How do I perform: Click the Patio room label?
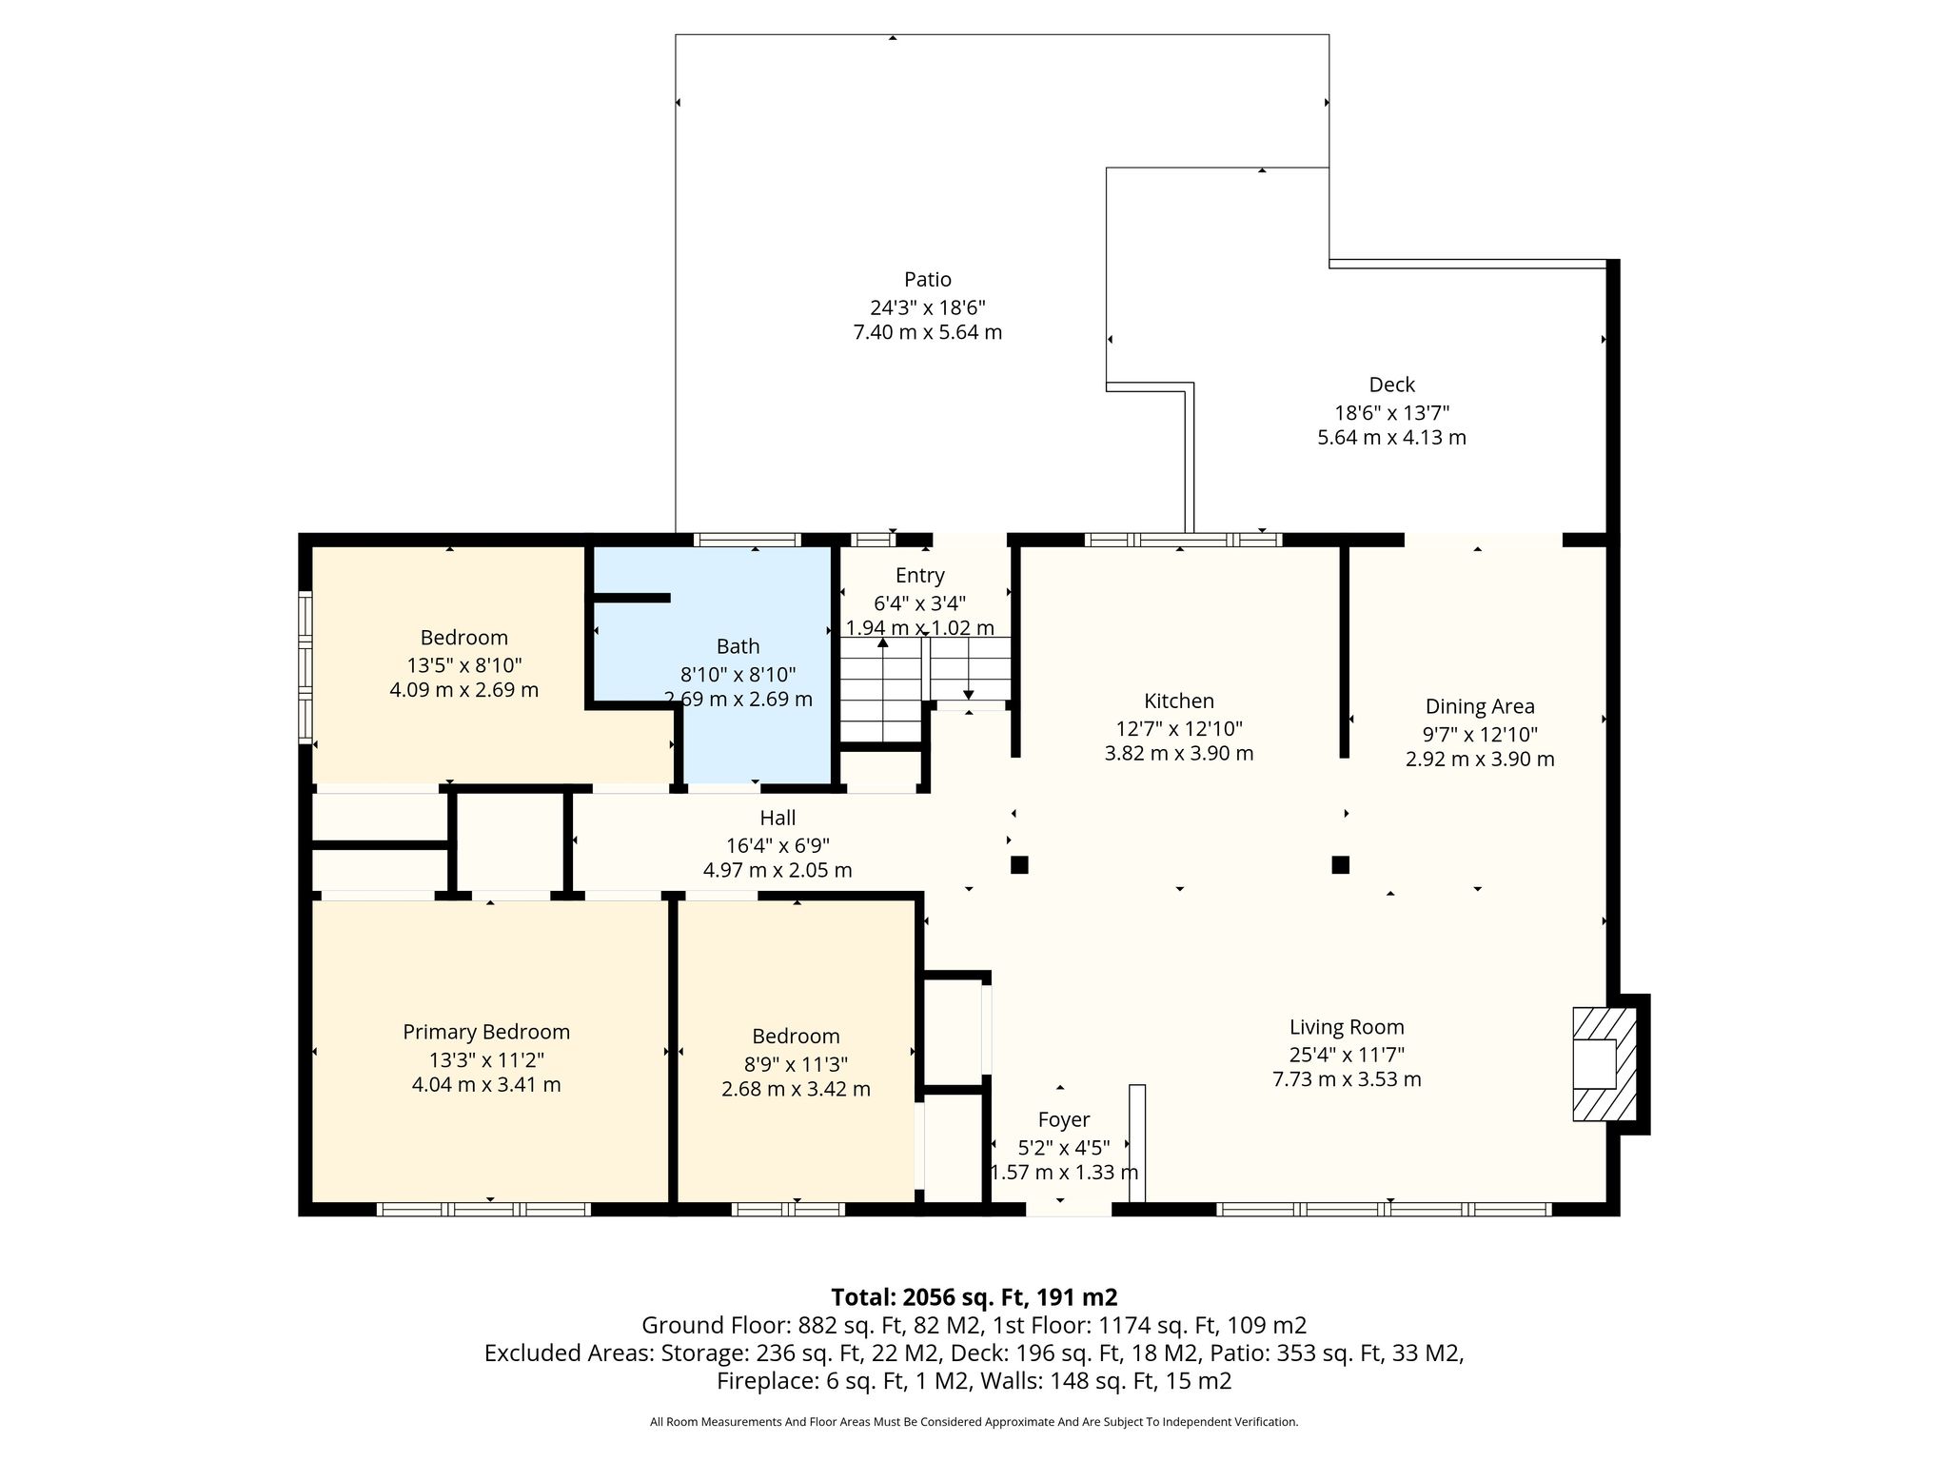(927, 280)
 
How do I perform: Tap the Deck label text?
(1391, 385)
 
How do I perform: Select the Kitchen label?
(1179, 701)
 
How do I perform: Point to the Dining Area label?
(1480, 706)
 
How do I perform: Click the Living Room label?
(1347, 1027)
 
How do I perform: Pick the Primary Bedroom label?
(486, 1032)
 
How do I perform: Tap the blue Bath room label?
(738, 646)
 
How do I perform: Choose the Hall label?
(778, 818)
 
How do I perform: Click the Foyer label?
(1063, 1120)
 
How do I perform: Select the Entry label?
(919, 576)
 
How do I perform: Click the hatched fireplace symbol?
(1604, 1064)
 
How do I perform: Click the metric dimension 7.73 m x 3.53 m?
(1347, 1079)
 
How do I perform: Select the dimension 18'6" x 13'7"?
(1391, 413)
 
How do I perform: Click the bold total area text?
(974, 1297)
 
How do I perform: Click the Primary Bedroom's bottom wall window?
(483, 1210)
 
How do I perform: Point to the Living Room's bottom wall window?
(1384, 1210)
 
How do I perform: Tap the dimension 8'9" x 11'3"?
(796, 1064)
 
